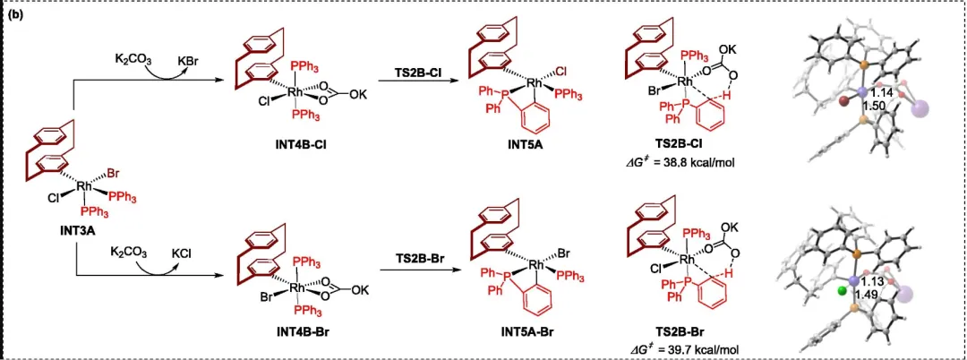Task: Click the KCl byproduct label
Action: coord(184,253)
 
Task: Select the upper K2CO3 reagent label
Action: coord(133,61)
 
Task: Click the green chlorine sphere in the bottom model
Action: coord(841,291)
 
